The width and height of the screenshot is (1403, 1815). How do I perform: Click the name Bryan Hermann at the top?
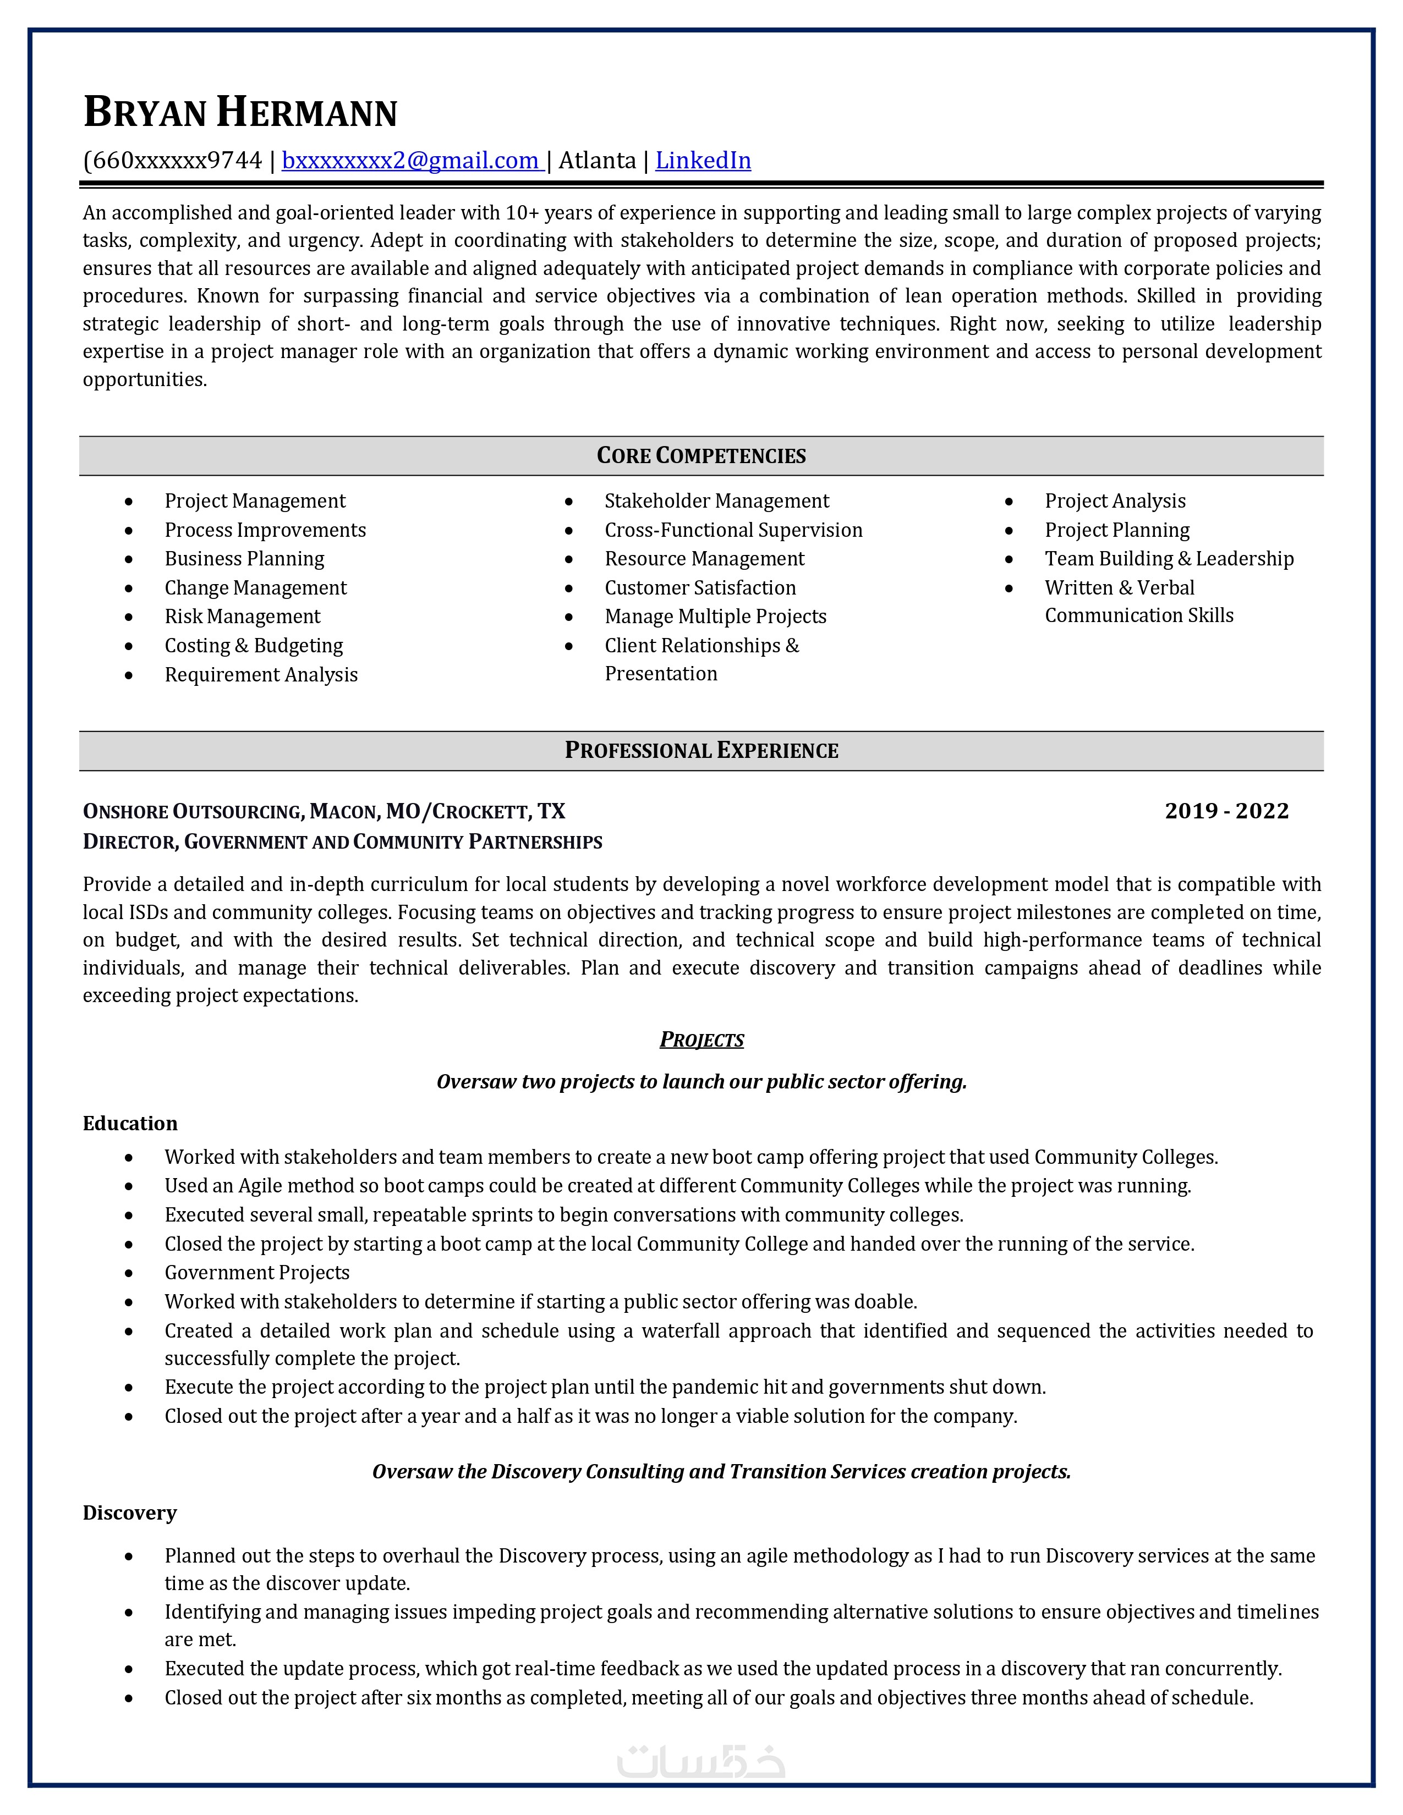tap(240, 113)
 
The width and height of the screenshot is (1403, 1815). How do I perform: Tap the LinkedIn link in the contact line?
tap(703, 161)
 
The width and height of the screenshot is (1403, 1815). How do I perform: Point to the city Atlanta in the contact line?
tap(597, 161)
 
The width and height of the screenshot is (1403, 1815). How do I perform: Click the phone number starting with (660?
tap(172, 161)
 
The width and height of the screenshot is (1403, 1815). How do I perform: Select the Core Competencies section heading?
tap(700, 455)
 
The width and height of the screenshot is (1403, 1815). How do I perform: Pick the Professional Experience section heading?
tap(700, 750)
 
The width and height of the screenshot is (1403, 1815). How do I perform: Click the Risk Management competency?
tap(242, 617)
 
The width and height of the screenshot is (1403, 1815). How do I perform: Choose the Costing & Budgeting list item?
tap(254, 646)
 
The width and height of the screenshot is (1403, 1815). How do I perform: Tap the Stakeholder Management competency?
tap(716, 501)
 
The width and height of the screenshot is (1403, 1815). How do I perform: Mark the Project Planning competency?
tap(1116, 530)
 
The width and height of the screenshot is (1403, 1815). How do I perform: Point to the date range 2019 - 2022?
tap(1226, 811)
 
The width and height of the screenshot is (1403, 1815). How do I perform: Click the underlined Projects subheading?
tap(701, 1039)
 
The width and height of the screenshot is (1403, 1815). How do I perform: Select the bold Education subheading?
tap(130, 1124)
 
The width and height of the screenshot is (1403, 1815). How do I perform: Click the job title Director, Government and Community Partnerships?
tap(342, 842)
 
